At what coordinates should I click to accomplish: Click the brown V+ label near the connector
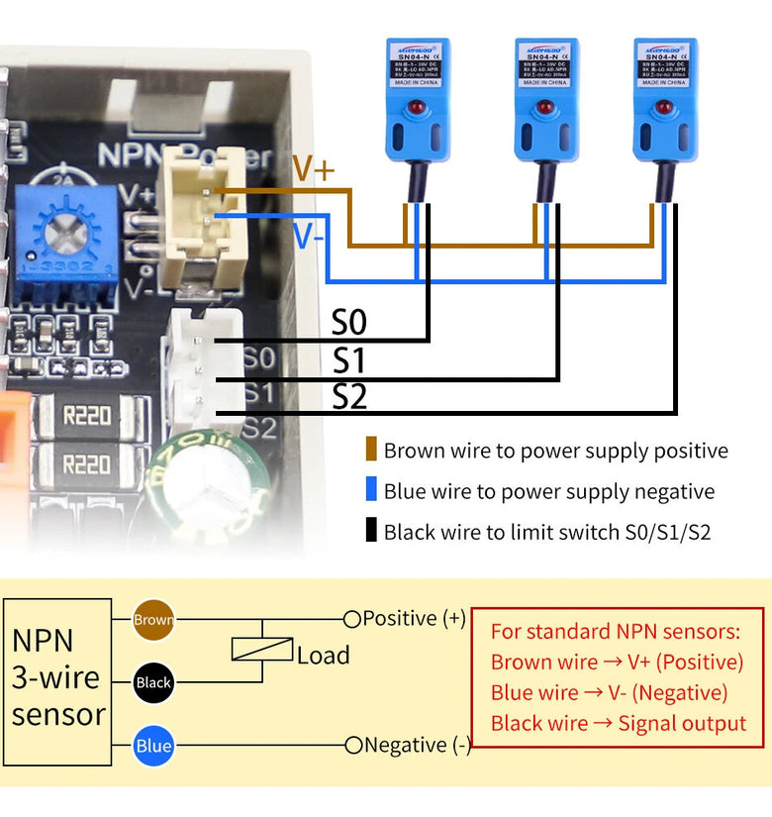pyautogui.click(x=313, y=169)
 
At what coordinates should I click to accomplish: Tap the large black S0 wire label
pyautogui.click(x=349, y=323)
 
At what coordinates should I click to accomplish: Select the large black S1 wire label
pyautogui.click(x=348, y=360)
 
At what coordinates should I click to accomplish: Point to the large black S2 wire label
pyautogui.click(x=349, y=397)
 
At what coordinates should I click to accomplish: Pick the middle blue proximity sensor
pyautogui.click(x=545, y=99)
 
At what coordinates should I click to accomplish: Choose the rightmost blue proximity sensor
pyautogui.click(x=665, y=99)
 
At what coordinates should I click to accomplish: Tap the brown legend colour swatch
pyautogui.click(x=371, y=450)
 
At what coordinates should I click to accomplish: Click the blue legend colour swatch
pyautogui.click(x=371, y=490)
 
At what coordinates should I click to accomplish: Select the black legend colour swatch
pyautogui.click(x=371, y=531)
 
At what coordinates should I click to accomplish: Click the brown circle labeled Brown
pyautogui.click(x=153, y=620)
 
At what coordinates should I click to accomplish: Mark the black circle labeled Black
pyautogui.click(x=153, y=682)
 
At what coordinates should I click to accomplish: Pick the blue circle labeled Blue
pyautogui.click(x=153, y=746)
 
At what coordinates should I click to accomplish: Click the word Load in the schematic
pyautogui.click(x=323, y=655)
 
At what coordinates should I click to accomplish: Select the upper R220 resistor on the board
pyautogui.click(x=87, y=415)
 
